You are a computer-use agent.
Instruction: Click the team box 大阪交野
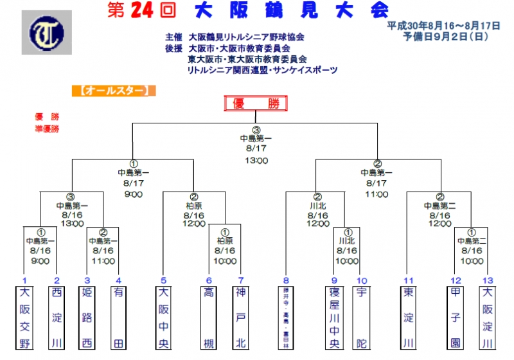pos(24,318)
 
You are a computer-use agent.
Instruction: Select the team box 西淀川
pos(57,318)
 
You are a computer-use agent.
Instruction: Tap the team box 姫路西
pos(87,318)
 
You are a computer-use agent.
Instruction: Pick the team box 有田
pos(118,318)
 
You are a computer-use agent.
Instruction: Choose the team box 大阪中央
pos(164,318)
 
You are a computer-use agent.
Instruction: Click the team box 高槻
pos(209,318)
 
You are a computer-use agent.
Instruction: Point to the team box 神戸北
pos(241,318)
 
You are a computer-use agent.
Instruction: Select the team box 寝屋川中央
pos(334,318)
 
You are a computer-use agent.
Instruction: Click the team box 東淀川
pos(408,318)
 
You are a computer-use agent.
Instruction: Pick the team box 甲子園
pos(456,318)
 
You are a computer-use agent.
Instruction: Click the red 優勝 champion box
pos(255,104)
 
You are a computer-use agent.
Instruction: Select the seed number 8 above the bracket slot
pos(286,280)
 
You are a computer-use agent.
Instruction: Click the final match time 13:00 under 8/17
pos(256,161)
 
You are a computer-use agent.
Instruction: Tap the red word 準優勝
pos(47,129)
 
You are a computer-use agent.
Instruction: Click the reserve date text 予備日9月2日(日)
pos(443,37)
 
